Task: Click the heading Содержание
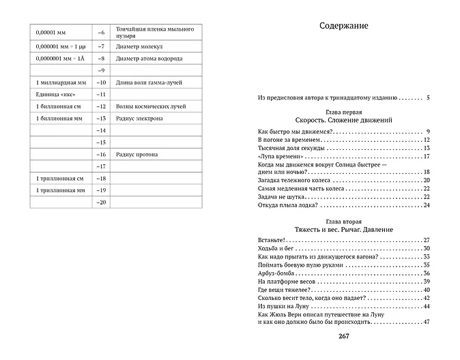[343, 27]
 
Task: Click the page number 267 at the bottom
[343, 335]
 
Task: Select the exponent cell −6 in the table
[102, 33]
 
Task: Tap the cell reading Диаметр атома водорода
[149, 59]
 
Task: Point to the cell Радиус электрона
[140, 119]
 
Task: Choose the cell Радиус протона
[137, 155]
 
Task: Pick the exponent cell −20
[102, 202]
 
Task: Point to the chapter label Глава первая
[343, 110]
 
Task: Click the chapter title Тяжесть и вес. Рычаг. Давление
[343, 229]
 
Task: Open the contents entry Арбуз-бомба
[276, 273]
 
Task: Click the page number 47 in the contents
[425, 322]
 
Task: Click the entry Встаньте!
[271, 241]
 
